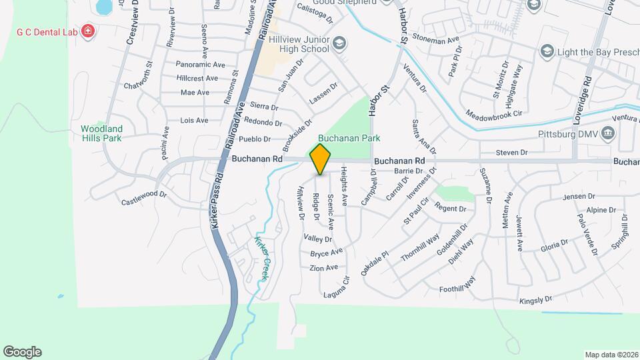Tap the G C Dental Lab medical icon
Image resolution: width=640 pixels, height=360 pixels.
[x=88, y=31]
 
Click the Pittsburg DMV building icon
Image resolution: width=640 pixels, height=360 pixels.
[x=608, y=133]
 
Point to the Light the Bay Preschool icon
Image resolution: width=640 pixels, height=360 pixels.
[x=547, y=51]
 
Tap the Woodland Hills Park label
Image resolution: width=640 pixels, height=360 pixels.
[x=101, y=133]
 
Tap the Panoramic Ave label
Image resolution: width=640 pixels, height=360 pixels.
[x=201, y=65]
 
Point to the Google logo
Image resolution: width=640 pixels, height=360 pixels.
[x=22, y=352]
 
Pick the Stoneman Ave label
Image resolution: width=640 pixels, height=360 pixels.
[x=436, y=40]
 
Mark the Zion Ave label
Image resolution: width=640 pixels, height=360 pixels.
[x=324, y=268]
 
